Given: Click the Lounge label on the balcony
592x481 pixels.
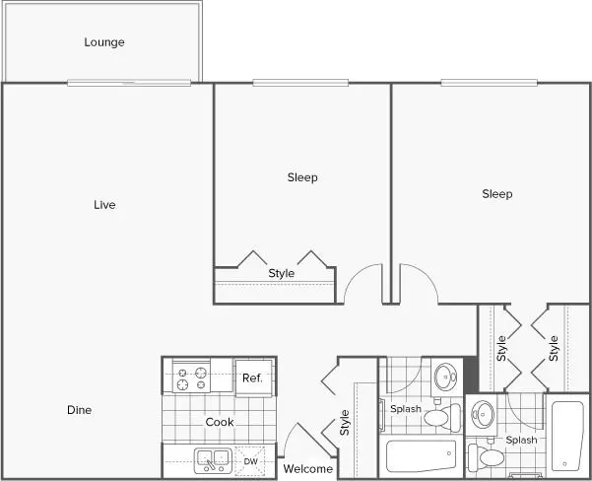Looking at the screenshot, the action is pyautogui.click(x=104, y=42).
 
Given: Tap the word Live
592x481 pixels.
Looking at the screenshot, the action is pyautogui.click(x=104, y=205).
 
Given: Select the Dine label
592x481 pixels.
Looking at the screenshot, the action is pyautogui.click(x=79, y=410).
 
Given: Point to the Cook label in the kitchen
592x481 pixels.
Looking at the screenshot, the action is pyautogui.click(x=220, y=422).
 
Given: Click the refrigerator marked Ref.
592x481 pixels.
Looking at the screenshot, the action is pyautogui.click(x=254, y=378).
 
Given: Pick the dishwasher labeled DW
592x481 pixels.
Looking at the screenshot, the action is pyautogui.click(x=250, y=461).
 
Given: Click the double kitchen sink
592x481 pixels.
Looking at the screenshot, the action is pyautogui.click(x=213, y=460).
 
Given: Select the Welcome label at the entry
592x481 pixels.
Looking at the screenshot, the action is pyautogui.click(x=308, y=469).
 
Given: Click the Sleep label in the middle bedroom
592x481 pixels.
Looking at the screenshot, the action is pyautogui.click(x=302, y=177).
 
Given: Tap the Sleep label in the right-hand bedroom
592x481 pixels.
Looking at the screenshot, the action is pyautogui.click(x=497, y=194).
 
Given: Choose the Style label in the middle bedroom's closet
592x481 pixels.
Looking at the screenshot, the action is pyautogui.click(x=282, y=273).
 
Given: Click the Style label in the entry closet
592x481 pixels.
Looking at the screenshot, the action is pyautogui.click(x=345, y=423).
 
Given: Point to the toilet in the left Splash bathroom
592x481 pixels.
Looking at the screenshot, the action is pyautogui.click(x=442, y=417).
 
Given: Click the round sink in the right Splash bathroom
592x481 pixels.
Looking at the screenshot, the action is pyautogui.click(x=483, y=414).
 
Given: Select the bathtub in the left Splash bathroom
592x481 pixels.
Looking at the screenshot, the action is pyautogui.click(x=421, y=456).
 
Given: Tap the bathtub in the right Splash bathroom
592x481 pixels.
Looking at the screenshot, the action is pyautogui.click(x=567, y=436).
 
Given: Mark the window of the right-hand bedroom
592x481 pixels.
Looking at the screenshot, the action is pyautogui.click(x=489, y=83).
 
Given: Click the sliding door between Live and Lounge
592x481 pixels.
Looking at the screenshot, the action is pyautogui.click(x=129, y=83).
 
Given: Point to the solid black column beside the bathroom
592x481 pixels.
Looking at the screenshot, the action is pyautogui.click(x=471, y=376).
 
